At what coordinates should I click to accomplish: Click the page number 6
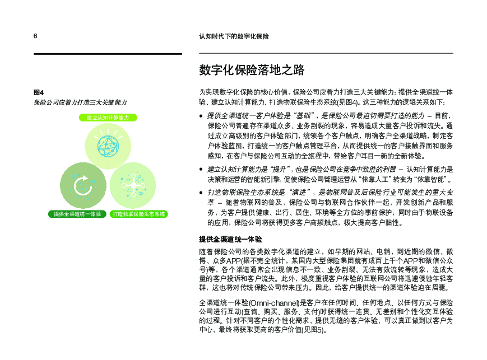[x=35, y=36]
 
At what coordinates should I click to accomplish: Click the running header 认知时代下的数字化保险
[x=234, y=36]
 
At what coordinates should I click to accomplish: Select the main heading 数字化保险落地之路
[x=252, y=70]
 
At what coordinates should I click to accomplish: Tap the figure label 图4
[x=39, y=92]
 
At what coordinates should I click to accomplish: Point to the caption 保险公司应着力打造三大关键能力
[x=80, y=102]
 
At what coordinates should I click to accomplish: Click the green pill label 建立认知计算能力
[x=108, y=118]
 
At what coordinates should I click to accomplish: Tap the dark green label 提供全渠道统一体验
[x=77, y=214]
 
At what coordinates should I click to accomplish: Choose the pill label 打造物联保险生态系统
[x=139, y=214]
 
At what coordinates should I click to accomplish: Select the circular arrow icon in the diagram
[x=82, y=184]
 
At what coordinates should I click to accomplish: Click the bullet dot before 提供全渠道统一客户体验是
[x=202, y=116]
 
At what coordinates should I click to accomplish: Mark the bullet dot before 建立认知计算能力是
[x=202, y=169]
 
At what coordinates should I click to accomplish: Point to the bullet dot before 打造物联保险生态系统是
[x=202, y=193]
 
